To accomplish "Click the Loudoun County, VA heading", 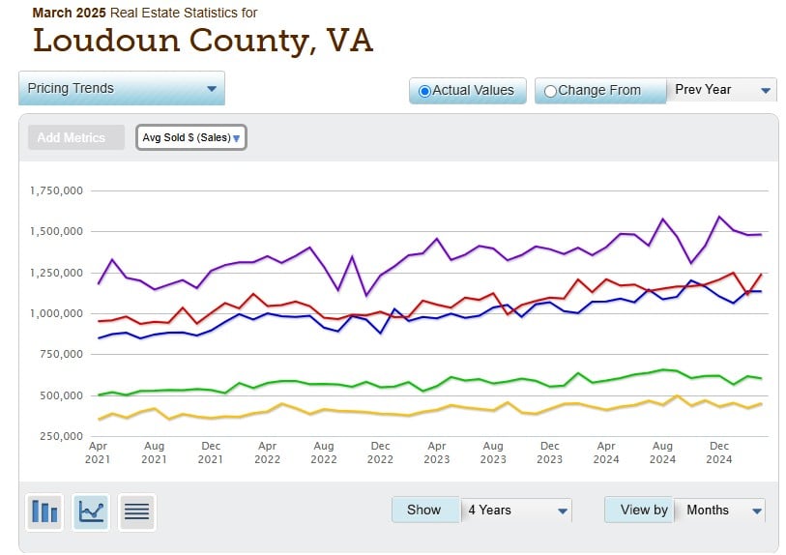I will click(x=202, y=41).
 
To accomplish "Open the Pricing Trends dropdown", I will click(x=122, y=88).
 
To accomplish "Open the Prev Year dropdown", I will click(x=722, y=90).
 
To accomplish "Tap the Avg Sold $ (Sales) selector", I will click(x=190, y=137).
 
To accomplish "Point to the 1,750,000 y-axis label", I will click(x=57, y=190).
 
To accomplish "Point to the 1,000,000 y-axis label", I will click(x=57, y=313).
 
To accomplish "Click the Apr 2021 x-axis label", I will click(x=98, y=453).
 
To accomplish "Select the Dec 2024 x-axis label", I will click(x=718, y=453).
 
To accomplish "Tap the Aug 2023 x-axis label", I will click(x=493, y=453).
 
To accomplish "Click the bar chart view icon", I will click(x=44, y=511).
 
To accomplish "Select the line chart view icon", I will click(x=91, y=511).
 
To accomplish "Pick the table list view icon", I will click(x=137, y=511).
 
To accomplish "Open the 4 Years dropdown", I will click(x=517, y=510).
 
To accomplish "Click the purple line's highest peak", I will click(x=719, y=217).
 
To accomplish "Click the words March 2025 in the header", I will click(x=69, y=13).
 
